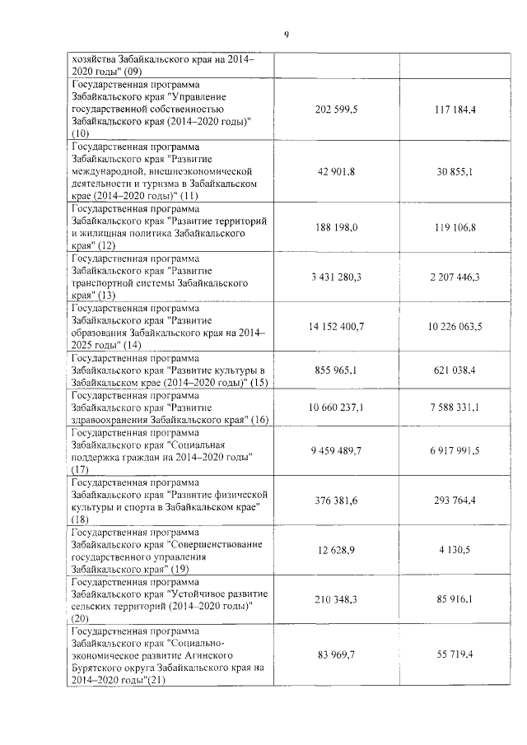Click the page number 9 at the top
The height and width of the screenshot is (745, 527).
click(x=287, y=35)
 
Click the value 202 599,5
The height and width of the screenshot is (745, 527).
click(x=336, y=109)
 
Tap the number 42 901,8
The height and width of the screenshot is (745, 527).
click(x=336, y=170)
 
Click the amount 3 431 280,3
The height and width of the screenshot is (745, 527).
click(x=336, y=277)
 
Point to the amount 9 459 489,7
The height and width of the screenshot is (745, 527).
click(x=336, y=451)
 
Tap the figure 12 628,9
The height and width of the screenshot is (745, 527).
click(x=336, y=551)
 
